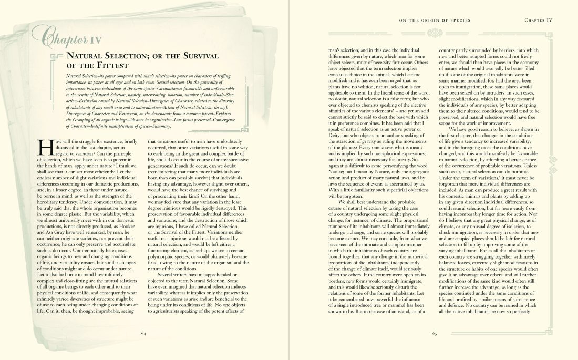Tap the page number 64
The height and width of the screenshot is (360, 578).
click(x=143, y=333)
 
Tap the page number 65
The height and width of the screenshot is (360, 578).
click(x=435, y=333)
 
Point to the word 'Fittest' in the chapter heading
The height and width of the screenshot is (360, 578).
click(x=111, y=66)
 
